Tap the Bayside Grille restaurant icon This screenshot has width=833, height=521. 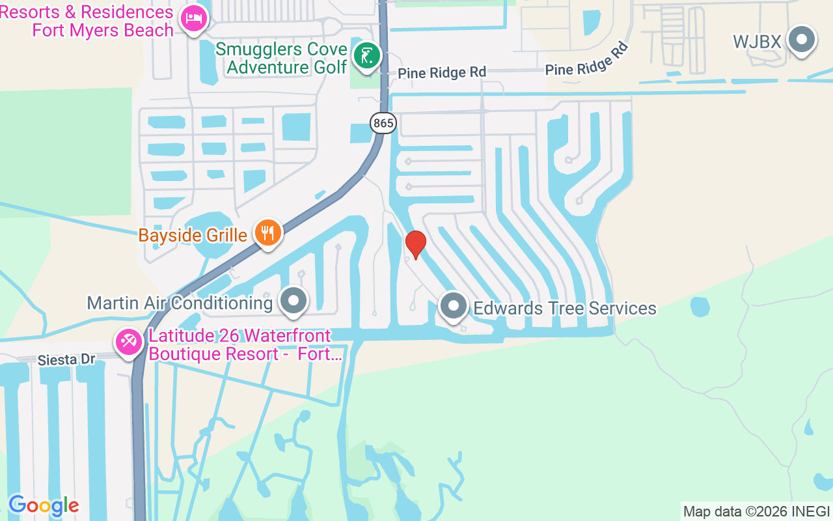pyautogui.click(x=267, y=232)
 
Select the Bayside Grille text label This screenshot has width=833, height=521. pyautogui.click(x=192, y=235)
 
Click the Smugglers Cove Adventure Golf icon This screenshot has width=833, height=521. pyautogui.click(x=366, y=55)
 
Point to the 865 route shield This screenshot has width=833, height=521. pyautogui.click(x=383, y=122)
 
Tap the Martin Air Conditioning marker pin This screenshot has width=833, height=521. pyautogui.click(x=294, y=301)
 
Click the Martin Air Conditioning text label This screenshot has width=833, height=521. pyautogui.click(x=180, y=303)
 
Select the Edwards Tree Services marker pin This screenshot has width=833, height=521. pyautogui.click(x=454, y=305)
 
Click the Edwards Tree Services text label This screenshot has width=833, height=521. pyautogui.click(x=565, y=308)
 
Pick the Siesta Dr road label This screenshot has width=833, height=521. pyautogui.click(x=66, y=359)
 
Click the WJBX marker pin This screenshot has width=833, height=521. pyautogui.click(x=802, y=40)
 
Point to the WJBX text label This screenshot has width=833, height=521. pyautogui.click(x=756, y=42)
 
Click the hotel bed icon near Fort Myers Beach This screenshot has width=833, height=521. pyautogui.click(x=194, y=19)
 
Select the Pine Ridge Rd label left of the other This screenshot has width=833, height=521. pyautogui.click(x=442, y=72)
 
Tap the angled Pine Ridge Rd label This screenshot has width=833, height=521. pyautogui.click(x=588, y=59)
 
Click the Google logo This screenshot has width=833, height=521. pyautogui.click(x=44, y=505)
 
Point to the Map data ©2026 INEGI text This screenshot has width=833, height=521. pyautogui.click(x=756, y=511)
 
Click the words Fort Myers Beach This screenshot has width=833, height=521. pyautogui.click(x=103, y=30)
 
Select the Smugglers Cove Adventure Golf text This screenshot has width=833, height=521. pyautogui.click(x=281, y=59)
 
